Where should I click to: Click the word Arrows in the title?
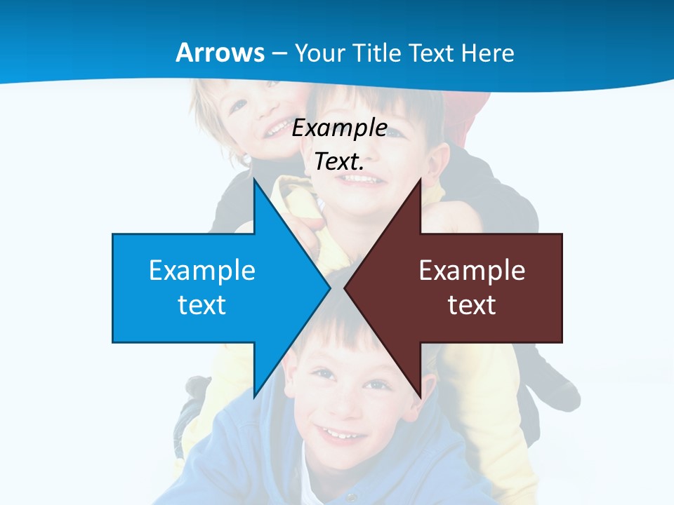point(220,53)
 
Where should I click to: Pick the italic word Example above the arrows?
point(340,128)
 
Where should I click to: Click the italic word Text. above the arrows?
point(339,162)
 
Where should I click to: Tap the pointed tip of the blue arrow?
point(329,288)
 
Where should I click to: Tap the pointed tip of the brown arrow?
point(345,288)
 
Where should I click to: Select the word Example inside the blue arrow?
point(202,271)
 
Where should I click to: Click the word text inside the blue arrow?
point(202,305)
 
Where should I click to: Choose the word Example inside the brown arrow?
point(472,271)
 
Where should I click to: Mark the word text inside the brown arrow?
point(472,305)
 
